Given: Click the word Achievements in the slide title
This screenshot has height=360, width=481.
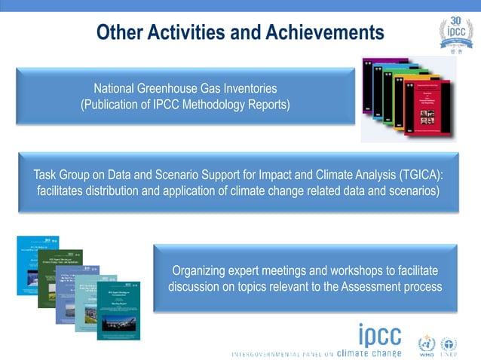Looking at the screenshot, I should pos(324,33).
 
